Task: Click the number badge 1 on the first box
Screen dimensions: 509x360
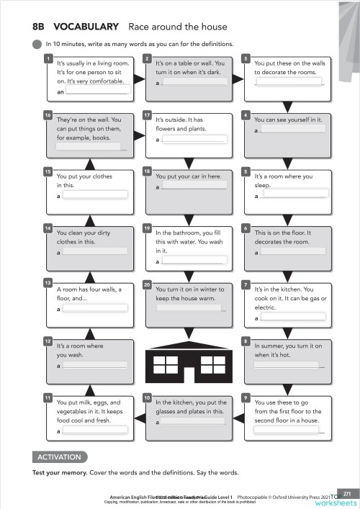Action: coord(48,58)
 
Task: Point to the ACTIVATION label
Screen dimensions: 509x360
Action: coord(60,456)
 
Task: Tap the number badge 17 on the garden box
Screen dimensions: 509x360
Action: coord(147,114)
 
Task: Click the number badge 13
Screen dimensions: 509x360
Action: coord(48,283)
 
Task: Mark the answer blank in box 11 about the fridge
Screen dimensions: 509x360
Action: coord(95,431)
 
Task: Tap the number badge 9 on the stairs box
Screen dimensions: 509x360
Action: coord(246,397)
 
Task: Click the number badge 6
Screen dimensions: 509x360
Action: coord(246,228)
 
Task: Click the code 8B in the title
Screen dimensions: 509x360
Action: coord(39,27)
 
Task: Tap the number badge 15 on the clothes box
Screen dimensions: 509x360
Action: coord(48,171)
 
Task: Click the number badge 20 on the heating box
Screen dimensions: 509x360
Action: coord(147,284)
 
